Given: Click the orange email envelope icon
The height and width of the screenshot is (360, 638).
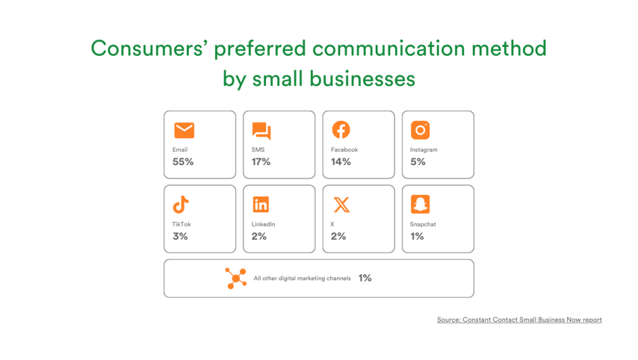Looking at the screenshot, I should [184, 130].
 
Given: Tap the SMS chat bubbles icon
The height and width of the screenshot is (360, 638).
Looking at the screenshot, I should [261, 131].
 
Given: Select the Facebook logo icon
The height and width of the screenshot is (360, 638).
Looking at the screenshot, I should [341, 130].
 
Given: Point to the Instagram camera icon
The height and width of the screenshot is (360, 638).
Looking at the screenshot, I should [420, 130].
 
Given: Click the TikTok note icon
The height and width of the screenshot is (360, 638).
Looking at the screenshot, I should [181, 204].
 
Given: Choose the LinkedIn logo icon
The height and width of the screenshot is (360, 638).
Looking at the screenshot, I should [261, 204].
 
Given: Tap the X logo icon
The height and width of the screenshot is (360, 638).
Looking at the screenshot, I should [341, 204].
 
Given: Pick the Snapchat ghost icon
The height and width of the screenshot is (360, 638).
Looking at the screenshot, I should [420, 204].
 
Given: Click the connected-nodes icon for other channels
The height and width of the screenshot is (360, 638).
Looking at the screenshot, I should [236, 278].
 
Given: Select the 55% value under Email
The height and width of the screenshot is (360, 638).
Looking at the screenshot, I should [183, 162].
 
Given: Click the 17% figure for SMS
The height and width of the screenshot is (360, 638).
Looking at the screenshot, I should [261, 162].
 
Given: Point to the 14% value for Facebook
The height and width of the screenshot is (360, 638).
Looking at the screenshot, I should [341, 162].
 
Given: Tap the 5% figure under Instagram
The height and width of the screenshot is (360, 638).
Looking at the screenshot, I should [417, 162].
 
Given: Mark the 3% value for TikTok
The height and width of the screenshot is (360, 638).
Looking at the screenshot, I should [180, 236].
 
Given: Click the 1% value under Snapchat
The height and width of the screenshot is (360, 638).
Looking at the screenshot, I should [417, 236].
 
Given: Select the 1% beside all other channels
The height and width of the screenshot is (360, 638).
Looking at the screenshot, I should [365, 278].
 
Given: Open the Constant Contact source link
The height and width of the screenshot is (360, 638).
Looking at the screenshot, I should [519, 320].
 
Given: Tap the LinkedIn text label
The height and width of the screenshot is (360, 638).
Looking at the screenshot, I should [264, 224].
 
